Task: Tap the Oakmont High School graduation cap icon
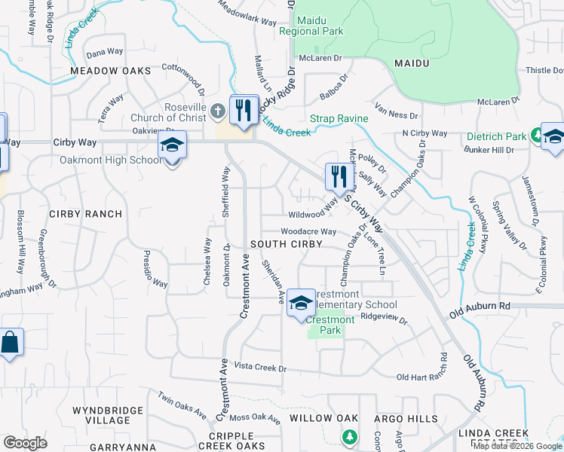coord(172,145)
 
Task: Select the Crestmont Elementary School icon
coord(301,303)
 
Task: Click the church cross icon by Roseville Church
coord(217,112)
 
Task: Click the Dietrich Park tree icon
coord(537,136)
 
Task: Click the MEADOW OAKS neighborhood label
coord(105,70)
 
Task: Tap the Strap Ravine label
coord(339,118)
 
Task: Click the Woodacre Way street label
coord(308,232)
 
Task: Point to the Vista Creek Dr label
coord(261,368)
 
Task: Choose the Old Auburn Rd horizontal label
coord(480,306)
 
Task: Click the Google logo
coord(26,443)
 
